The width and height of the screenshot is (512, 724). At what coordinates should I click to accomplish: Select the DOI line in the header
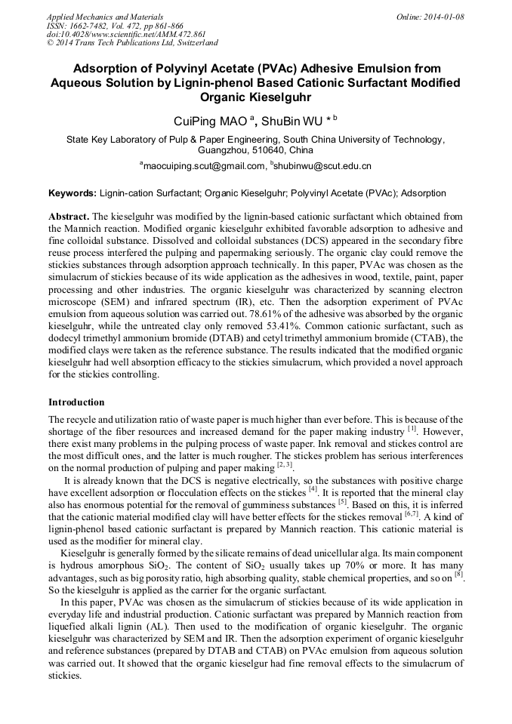coord(125,35)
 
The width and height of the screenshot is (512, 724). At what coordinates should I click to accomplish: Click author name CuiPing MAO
coord(206,120)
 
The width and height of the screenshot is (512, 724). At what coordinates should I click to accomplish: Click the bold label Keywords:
coord(72,194)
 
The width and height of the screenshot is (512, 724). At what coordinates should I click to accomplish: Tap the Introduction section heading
coord(76,402)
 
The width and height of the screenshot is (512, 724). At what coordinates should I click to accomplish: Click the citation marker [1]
coord(412,428)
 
